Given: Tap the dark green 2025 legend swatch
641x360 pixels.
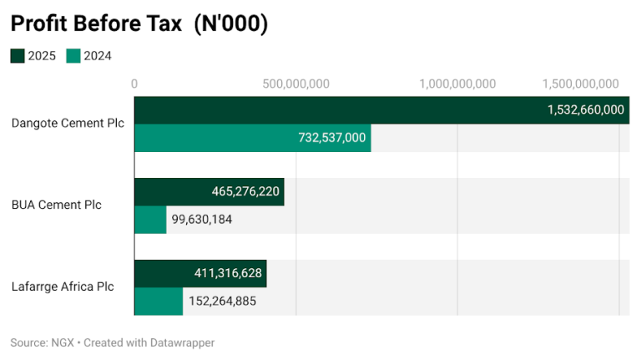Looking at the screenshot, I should point(18,56).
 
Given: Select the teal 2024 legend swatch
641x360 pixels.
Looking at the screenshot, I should point(73,56).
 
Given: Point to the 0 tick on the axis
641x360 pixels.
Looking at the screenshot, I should point(134,84).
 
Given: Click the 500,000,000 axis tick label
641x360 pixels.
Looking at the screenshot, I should point(295,84).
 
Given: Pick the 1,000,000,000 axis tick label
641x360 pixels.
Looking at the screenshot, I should point(457,84).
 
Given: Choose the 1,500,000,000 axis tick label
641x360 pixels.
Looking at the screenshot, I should point(580,84).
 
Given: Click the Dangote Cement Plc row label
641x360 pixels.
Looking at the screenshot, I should point(68,123).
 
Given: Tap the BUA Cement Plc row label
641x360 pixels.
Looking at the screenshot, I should point(56,205).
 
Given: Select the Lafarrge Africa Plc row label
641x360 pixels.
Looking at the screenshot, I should point(63,286).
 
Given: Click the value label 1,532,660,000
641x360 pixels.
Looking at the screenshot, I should point(585,109).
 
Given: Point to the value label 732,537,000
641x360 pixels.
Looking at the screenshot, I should point(331,137).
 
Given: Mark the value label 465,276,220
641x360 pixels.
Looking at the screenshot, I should point(245,191).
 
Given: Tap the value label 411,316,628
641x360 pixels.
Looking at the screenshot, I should point(228,273).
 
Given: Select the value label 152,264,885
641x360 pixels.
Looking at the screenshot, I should point(221,301).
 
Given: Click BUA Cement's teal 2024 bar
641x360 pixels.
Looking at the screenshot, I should point(150,219).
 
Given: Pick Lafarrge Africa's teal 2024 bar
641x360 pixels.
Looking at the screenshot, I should point(159,301).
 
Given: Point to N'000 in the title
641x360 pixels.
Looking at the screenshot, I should point(230,24).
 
